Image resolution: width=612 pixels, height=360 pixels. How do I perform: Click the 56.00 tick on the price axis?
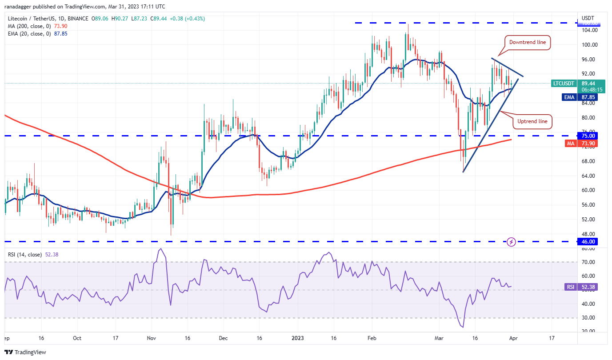(x=589, y=205)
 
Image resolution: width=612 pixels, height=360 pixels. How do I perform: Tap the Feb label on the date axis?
(x=372, y=338)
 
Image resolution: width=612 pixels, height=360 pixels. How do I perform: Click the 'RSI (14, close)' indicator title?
(x=25, y=255)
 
